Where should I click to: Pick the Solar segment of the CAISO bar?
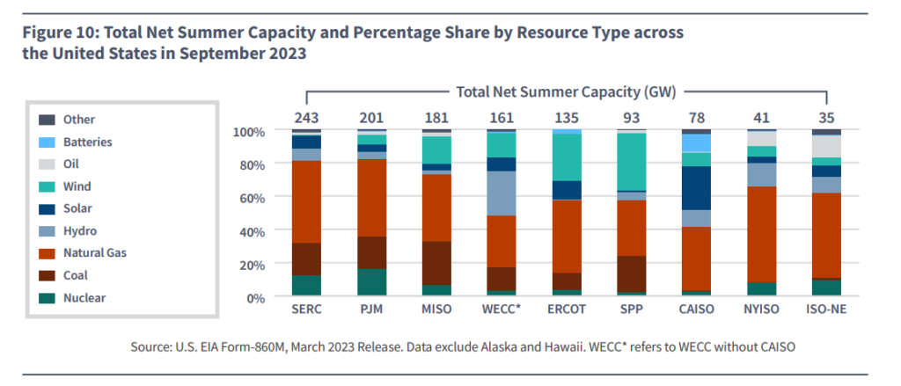tap(696, 187)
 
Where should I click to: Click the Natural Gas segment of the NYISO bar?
tap(760, 234)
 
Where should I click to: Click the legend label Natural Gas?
tap(96, 253)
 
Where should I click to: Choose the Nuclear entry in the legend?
tap(84, 298)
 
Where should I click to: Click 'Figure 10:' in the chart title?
tap(59, 33)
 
